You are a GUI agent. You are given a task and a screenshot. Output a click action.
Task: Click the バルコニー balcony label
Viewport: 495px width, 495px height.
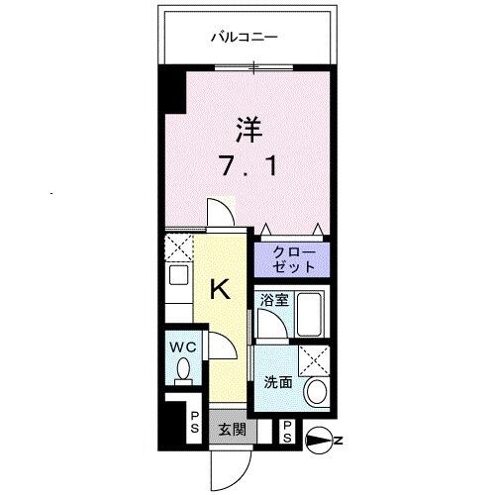click(x=244, y=38)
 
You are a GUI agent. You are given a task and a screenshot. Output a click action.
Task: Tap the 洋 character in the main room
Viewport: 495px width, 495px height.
click(x=248, y=129)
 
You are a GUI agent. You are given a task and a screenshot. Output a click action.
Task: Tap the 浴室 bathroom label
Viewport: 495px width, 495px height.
click(x=274, y=300)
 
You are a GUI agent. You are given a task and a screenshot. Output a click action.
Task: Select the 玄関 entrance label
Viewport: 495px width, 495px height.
click(x=232, y=430)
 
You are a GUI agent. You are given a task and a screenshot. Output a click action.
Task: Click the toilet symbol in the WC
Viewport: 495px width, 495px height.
click(x=181, y=369)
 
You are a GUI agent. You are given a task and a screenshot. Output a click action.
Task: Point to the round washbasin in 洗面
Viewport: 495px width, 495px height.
click(x=317, y=392)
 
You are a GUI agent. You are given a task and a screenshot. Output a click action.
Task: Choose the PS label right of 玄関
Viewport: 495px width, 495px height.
click(x=286, y=429)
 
